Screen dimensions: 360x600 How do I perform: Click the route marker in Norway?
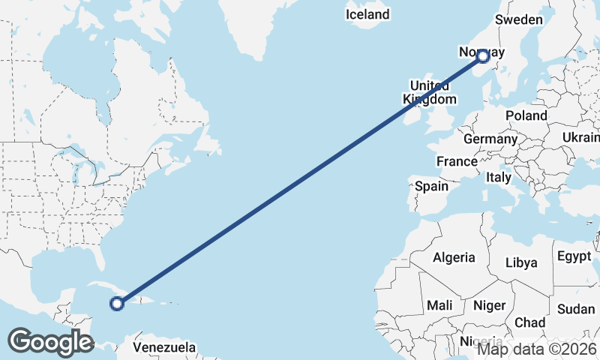[x=483, y=55]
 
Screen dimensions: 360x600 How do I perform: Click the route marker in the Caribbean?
[x=116, y=303]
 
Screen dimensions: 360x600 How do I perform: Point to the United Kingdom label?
[x=429, y=91]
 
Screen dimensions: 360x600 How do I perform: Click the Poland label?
[x=526, y=115]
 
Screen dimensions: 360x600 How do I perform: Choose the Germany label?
[x=490, y=139]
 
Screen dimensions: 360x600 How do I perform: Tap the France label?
[x=457, y=160]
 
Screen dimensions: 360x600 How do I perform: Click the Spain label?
[x=431, y=186]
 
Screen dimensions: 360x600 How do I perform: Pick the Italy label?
[x=498, y=178]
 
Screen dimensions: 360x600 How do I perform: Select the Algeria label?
[x=454, y=257]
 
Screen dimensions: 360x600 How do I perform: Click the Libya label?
[x=521, y=262]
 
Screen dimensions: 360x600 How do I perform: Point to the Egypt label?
[x=574, y=256]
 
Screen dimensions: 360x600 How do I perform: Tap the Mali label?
[x=439, y=305]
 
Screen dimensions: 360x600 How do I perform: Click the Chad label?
[x=529, y=322]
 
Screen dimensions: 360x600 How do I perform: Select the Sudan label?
[x=576, y=309]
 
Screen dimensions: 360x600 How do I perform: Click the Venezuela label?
[x=164, y=347]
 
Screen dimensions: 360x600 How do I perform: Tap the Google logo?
[x=50, y=342]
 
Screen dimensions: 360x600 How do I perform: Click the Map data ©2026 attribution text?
[x=537, y=349]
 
